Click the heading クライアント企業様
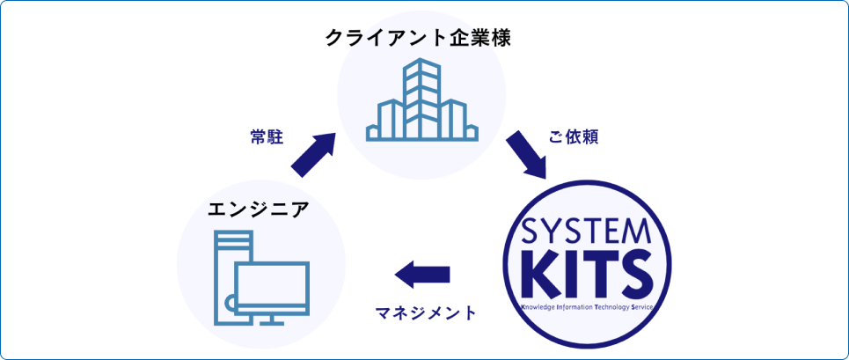point(418,39)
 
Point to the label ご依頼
point(574,138)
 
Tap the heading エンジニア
point(258,209)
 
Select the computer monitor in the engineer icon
point(272,287)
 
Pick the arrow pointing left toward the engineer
point(423,276)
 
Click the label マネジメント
point(426,312)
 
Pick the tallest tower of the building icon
point(421,97)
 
